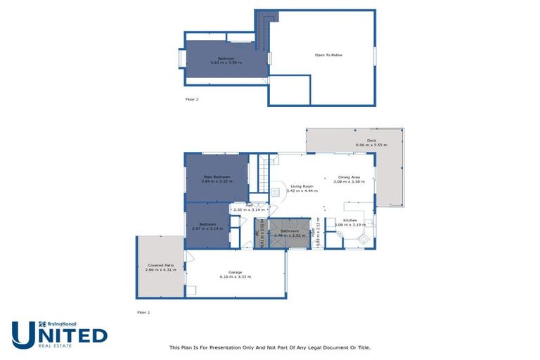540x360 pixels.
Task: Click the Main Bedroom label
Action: pyautogui.click(x=217, y=176)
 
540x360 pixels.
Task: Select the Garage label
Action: pyautogui.click(x=236, y=272)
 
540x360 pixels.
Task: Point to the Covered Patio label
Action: pyautogui.click(x=160, y=265)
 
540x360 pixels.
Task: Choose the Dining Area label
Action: pyautogui.click(x=349, y=177)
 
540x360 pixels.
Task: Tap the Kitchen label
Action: pyautogui.click(x=349, y=221)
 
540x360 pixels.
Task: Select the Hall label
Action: pyautogui.click(x=248, y=205)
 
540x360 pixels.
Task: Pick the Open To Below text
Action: pyautogui.click(x=328, y=55)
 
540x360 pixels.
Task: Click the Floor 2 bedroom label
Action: pyautogui.click(x=226, y=58)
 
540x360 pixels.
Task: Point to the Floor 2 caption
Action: pyautogui.click(x=192, y=99)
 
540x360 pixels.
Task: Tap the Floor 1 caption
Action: pyautogui.click(x=143, y=311)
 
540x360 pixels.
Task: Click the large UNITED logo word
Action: pyautogui.click(x=59, y=334)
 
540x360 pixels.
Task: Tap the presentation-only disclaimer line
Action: pyautogui.click(x=269, y=347)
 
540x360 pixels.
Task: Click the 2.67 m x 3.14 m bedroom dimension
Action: pyautogui.click(x=207, y=229)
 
